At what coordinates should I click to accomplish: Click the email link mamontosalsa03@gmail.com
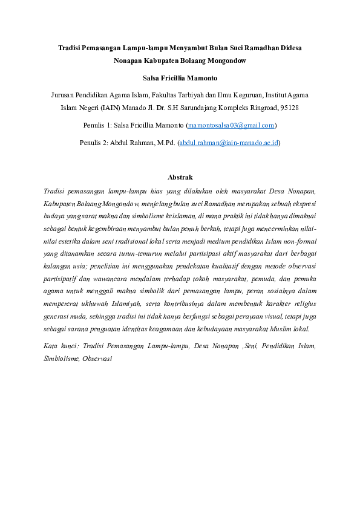[232, 125]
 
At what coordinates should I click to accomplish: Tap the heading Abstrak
[180, 177]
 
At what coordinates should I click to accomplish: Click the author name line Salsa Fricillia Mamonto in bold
[180, 78]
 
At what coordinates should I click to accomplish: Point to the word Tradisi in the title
[70, 47]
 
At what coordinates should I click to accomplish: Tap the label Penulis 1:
[97, 125]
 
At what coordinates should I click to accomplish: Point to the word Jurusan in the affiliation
[65, 95]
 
